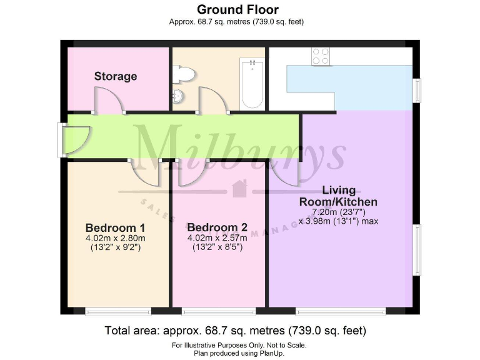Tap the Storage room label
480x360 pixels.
tap(116, 76)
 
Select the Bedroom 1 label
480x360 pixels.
tap(116, 227)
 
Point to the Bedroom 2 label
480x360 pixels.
tap(212, 227)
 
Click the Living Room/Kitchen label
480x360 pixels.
tap(338, 196)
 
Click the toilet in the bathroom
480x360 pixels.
tap(185, 75)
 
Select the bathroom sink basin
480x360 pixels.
tap(178, 97)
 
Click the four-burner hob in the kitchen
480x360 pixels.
tap(321, 56)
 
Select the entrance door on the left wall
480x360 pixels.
tap(76, 140)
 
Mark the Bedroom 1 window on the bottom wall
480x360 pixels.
tap(118, 311)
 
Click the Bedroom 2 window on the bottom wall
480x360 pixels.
tap(219, 311)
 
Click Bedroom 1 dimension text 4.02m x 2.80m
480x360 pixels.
tap(116, 238)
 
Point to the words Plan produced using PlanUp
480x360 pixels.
tap(239, 353)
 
